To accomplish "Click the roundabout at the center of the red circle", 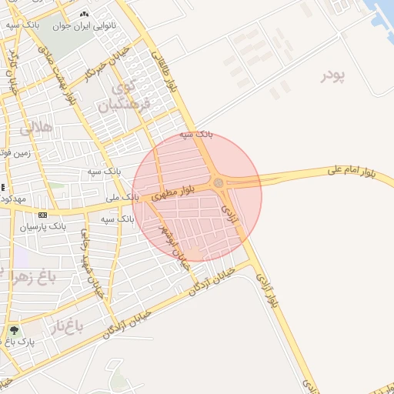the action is pos(219,182).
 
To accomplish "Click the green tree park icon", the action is pos(14,330).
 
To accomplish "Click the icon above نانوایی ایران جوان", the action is pos(83,15).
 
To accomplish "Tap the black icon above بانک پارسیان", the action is pos(42,215).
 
